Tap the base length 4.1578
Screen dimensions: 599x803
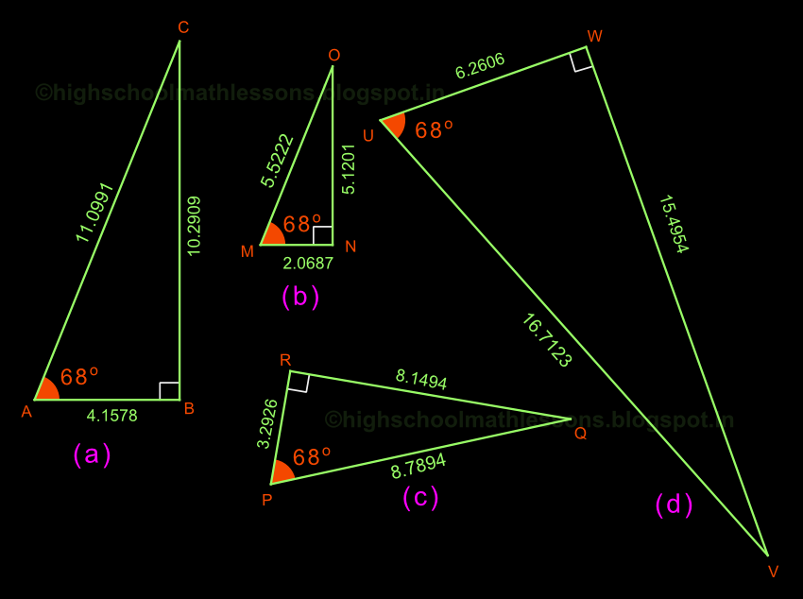coord(111,415)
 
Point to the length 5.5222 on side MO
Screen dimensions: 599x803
coord(277,161)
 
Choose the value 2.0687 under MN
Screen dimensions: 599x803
coord(309,264)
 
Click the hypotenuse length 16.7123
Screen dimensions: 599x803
coord(547,340)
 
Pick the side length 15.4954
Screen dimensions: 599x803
coord(674,224)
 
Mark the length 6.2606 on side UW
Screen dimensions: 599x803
coord(480,66)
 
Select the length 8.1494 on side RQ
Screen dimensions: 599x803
coord(421,380)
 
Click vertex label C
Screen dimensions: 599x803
coord(183,27)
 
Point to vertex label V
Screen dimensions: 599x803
coord(774,571)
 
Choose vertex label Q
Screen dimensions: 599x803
coord(580,433)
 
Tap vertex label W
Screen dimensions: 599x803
coord(594,36)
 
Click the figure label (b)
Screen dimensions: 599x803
coord(300,297)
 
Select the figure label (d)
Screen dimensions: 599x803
coord(674,505)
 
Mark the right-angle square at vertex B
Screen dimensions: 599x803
coord(170,390)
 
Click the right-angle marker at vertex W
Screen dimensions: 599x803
coord(581,61)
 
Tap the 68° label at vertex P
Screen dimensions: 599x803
coord(312,457)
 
